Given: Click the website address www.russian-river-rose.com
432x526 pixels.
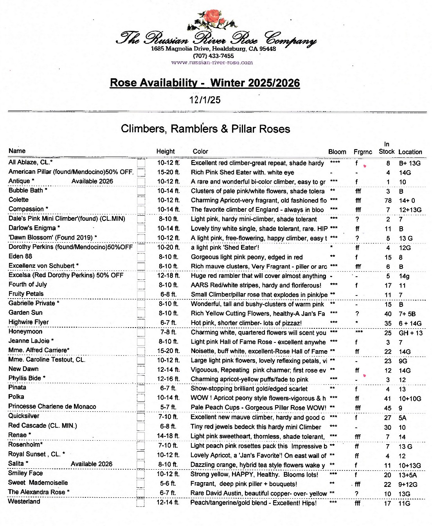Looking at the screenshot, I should point(212,62).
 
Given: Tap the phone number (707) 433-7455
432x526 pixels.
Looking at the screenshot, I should point(213,56).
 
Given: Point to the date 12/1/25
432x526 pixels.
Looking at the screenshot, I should point(205,100).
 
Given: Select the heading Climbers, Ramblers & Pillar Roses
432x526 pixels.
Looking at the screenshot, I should point(205,129).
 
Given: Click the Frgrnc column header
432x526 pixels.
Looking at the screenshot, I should point(363,152).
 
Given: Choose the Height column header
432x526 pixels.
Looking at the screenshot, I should point(166,151).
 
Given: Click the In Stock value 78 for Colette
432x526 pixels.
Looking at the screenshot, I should point(388,200).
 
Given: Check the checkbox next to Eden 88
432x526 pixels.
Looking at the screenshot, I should point(141,257).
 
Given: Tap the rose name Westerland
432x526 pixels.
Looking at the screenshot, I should point(24,501).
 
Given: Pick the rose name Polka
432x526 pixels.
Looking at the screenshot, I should point(16,397).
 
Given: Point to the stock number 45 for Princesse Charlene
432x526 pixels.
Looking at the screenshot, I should point(388,408).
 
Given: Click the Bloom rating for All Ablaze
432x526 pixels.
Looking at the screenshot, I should point(335,163).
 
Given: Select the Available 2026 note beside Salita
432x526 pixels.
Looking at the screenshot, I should point(92,464).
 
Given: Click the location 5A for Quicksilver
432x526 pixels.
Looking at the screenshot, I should point(403,418).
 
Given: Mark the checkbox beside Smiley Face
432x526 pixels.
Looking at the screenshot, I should point(141,474).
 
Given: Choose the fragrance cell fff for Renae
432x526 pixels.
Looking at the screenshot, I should point(358,437).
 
